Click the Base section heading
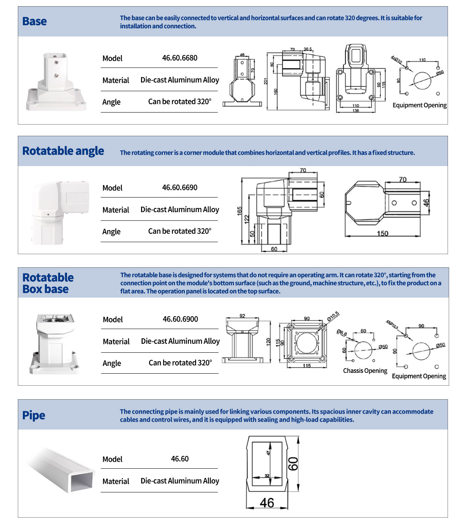[34, 21]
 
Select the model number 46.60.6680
[179, 58]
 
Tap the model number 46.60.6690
[179, 187]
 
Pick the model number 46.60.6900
[180, 319]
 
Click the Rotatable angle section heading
[63, 151]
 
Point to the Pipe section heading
[34, 415]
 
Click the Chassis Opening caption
[365, 371]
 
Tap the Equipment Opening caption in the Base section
[419, 105]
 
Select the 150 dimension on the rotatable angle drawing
[382, 233]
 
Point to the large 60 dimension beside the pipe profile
[293, 463]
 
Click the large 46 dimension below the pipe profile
[267, 503]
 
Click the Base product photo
[56, 82]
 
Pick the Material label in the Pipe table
[115, 481]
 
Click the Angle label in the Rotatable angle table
[111, 232]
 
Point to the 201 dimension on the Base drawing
[266, 81]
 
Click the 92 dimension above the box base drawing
[242, 316]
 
